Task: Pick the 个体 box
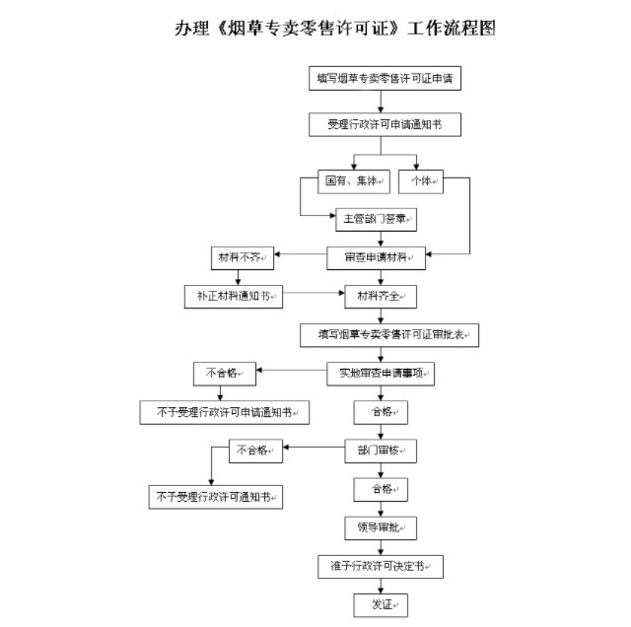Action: (x=421, y=181)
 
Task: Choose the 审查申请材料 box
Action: (x=377, y=258)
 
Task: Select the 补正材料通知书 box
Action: (x=234, y=296)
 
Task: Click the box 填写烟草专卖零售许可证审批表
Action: (x=389, y=335)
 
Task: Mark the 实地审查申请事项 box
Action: (x=381, y=374)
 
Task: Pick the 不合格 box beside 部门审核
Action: (x=256, y=451)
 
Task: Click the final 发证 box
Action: (x=381, y=604)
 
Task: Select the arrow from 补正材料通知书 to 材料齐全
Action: (x=311, y=294)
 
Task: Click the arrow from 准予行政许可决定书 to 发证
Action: (x=381, y=586)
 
